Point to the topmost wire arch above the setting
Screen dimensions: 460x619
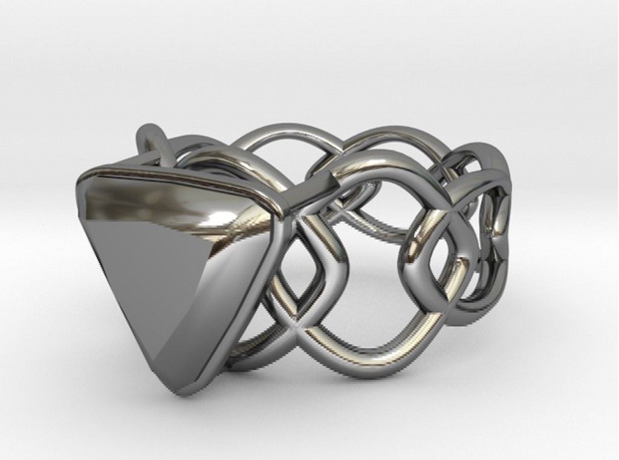(x=284, y=130)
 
